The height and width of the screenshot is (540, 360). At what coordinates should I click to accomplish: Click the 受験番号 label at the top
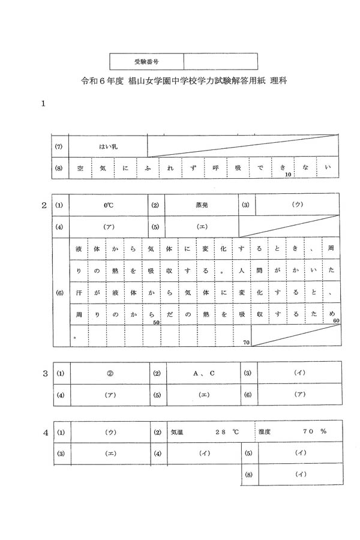point(146,61)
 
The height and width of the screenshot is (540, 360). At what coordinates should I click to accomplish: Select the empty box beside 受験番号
point(220,61)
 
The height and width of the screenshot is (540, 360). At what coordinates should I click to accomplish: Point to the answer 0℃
point(109,205)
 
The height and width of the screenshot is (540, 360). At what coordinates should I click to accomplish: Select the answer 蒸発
point(202,205)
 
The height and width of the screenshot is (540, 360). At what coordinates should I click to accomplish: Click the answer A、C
point(204,373)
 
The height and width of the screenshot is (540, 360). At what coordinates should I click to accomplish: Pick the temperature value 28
point(220,431)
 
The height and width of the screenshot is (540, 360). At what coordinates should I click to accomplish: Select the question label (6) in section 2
point(59,293)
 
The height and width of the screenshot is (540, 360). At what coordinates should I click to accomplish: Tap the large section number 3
point(44,373)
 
